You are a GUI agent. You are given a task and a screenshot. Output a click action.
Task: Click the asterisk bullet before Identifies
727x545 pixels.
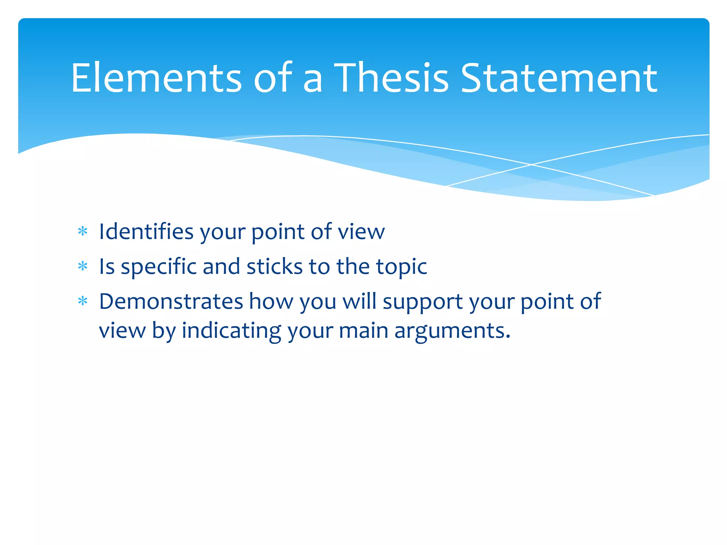[83, 232]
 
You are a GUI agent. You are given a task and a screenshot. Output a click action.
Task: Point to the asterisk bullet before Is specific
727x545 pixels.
[83, 266]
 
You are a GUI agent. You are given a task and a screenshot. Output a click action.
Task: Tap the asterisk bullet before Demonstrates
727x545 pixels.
[83, 301]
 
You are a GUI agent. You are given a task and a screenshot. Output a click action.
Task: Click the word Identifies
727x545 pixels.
[146, 232]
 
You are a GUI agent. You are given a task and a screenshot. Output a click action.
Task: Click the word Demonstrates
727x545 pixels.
[171, 301]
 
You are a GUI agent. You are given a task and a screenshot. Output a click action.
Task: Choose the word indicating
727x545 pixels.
[231, 331]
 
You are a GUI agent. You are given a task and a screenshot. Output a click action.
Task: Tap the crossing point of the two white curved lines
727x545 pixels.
[531, 165]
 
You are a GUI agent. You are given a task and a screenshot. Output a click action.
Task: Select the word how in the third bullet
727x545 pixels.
[271, 301]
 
